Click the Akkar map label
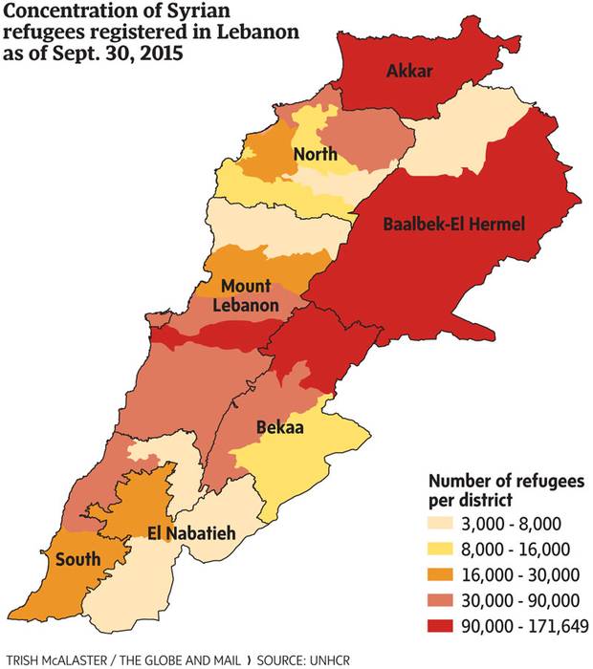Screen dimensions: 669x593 coord(410,70)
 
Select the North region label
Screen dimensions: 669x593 coord(315,155)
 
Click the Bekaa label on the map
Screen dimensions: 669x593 coord(279,429)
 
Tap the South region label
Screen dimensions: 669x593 coord(77,559)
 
